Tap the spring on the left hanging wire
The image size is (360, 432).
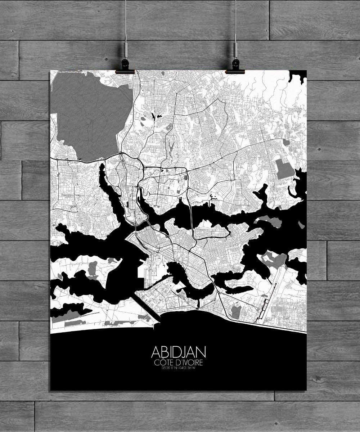pyautogui.click(x=126, y=49)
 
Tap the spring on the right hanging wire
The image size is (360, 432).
pyautogui.click(x=235, y=49)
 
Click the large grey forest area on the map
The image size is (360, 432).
pyautogui.click(x=90, y=115)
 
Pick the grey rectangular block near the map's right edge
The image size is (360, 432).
pyautogui.click(x=284, y=169)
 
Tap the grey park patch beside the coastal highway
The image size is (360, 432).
pyautogui.click(x=236, y=311)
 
